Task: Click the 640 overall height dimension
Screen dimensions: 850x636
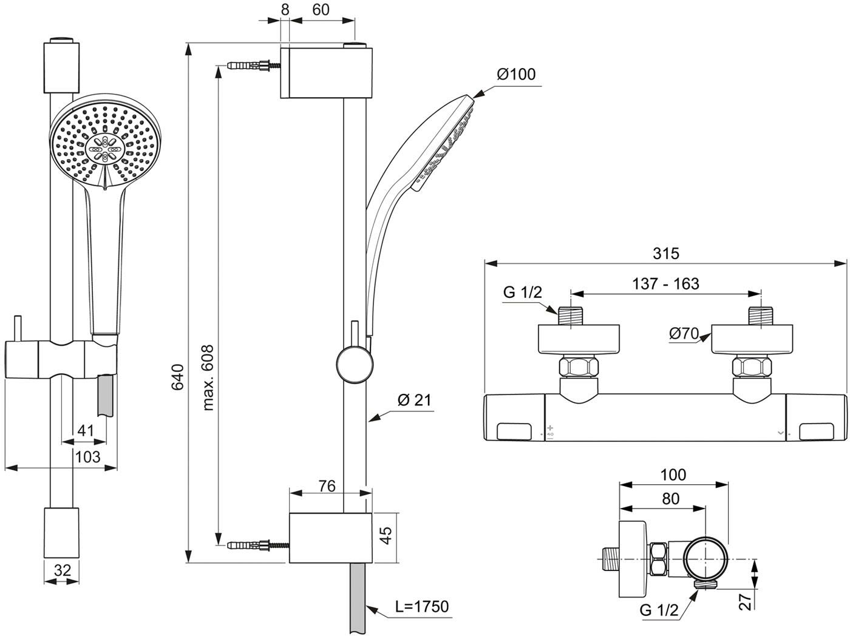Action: pyautogui.click(x=177, y=377)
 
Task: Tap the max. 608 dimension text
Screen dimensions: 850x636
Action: pyautogui.click(x=208, y=377)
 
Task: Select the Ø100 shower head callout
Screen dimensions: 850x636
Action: pyautogui.click(x=516, y=74)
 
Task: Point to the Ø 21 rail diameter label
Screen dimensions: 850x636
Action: pyautogui.click(x=414, y=400)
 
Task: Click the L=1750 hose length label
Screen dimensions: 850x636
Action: pyautogui.click(x=422, y=606)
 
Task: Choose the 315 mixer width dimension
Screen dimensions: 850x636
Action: pyautogui.click(x=665, y=253)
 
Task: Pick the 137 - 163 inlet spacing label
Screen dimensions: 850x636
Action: pyautogui.click(x=665, y=284)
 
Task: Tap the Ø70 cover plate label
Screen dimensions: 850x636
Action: pyautogui.click(x=684, y=333)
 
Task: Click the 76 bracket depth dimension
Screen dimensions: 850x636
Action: pyautogui.click(x=327, y=486)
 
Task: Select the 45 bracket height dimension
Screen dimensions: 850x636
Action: pyautogui.click(x=386, y=535)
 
